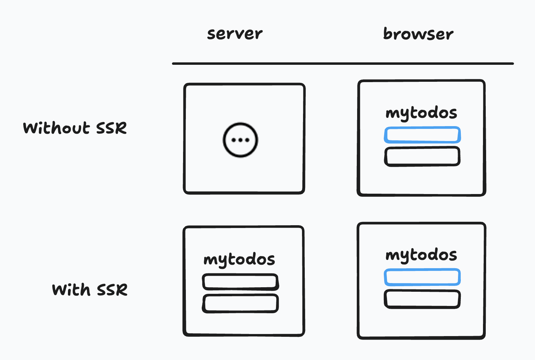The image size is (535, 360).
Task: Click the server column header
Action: [x=235, y=34]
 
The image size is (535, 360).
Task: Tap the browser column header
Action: [x=418, y=34]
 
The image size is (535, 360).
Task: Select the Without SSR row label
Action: [x=75, y=128]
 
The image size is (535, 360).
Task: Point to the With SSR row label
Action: [x=90, y=290]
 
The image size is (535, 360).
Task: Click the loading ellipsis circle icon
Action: [x=240, y=140]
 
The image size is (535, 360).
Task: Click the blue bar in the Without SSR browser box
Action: [x=422, y=135]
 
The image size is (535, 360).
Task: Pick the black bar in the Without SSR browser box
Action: [x=422, y=156]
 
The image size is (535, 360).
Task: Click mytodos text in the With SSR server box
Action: [x=239, y=260]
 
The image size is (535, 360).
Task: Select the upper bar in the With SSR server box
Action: [x=240, y=282]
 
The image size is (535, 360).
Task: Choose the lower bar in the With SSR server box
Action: [x=240, y=304]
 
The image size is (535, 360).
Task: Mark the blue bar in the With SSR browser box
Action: [x=422, y=277]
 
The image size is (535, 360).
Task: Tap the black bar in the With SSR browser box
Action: [x=422, y=299]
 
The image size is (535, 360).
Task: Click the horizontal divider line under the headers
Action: [x=343, y=64]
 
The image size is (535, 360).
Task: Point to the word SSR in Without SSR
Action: [x=111, y=128]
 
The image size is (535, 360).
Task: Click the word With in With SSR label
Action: [x=71, y=290]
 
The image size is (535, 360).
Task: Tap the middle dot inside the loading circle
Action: [x=240, y=140]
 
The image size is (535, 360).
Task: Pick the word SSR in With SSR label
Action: [x=112, y=290]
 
